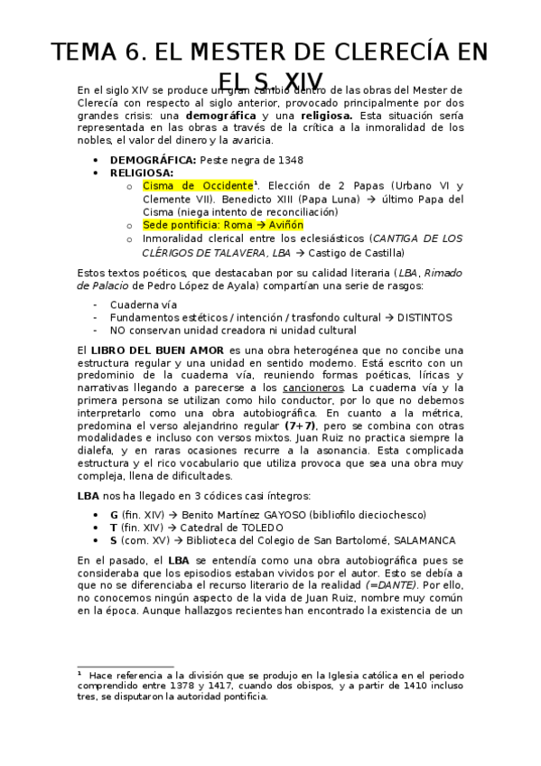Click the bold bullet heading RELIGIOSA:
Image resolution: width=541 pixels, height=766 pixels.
[x=142, y=172]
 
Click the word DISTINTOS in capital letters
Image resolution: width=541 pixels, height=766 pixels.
[x=419, y=318]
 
